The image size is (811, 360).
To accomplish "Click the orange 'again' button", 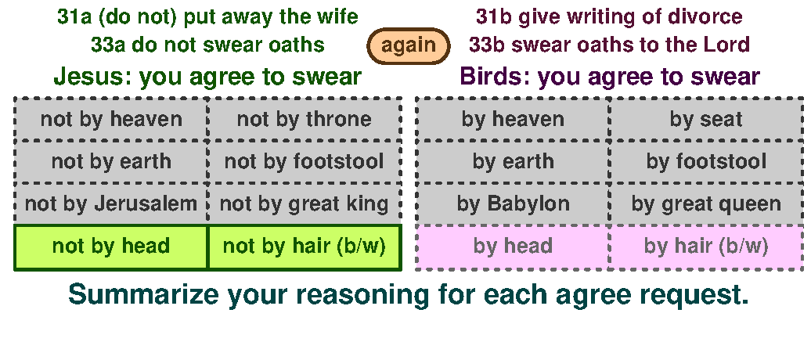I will [409, 45].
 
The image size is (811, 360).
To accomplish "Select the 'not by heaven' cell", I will [111, 120].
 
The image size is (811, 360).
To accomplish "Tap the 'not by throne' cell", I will [304, 120].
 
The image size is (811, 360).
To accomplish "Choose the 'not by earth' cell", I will [111, 162].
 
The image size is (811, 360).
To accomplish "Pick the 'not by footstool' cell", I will [304, 162].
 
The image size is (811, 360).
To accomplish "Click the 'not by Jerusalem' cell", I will [111, 204].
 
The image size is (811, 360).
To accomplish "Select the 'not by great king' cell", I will [304, 204].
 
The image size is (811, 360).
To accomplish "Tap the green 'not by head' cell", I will [111, 247].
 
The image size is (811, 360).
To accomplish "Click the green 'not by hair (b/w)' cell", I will [304, 247].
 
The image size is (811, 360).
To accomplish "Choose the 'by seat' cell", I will [706, 120].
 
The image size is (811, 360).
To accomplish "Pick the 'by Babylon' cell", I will [513, 204].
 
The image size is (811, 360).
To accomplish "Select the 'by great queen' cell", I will [706, 204].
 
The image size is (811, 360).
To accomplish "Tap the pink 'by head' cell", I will [513, 247].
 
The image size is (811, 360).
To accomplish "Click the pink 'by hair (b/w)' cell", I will [706, 247].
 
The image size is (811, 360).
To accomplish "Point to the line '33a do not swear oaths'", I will [207, 45].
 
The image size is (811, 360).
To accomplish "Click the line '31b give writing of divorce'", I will [609, 16].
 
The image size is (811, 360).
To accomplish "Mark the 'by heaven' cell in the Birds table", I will [513, 120].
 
